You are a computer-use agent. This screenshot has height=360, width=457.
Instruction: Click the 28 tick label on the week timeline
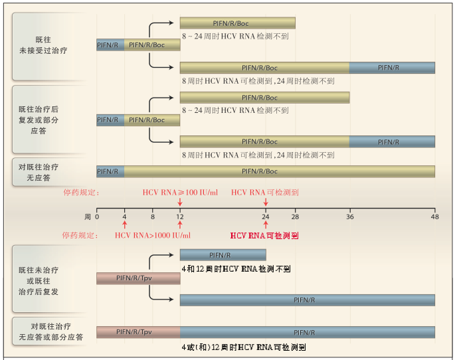[295, 217]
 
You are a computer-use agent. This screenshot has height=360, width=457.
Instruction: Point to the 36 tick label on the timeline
[350, 217]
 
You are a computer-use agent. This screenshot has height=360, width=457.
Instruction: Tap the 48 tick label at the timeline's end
[435, 217]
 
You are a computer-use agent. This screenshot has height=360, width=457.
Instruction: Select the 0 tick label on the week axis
[97, 217]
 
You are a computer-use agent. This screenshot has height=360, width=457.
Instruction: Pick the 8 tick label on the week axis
[153, 217]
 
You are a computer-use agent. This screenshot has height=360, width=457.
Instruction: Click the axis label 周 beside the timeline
[87, 217]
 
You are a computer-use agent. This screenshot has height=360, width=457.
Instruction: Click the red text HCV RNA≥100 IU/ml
[180, 193]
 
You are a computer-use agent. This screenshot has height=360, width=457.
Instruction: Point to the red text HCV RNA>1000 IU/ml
[153, 235]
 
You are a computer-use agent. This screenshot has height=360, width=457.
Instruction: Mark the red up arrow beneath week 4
[125, 226]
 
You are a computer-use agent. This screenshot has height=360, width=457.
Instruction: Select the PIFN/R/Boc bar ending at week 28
[238, 23]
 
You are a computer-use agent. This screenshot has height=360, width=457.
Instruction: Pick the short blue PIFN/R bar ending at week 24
[223, 255]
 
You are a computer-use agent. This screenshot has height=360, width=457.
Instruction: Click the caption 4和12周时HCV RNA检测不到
[236, 269]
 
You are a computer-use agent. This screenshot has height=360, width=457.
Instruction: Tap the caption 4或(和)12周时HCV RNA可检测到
[244, 347]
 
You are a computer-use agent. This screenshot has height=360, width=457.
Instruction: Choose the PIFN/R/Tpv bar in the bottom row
[138, 332]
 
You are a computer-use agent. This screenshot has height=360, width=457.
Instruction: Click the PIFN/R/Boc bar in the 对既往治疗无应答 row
[279, 171]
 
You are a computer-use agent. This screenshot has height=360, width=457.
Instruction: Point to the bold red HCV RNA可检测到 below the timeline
[265, 236]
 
